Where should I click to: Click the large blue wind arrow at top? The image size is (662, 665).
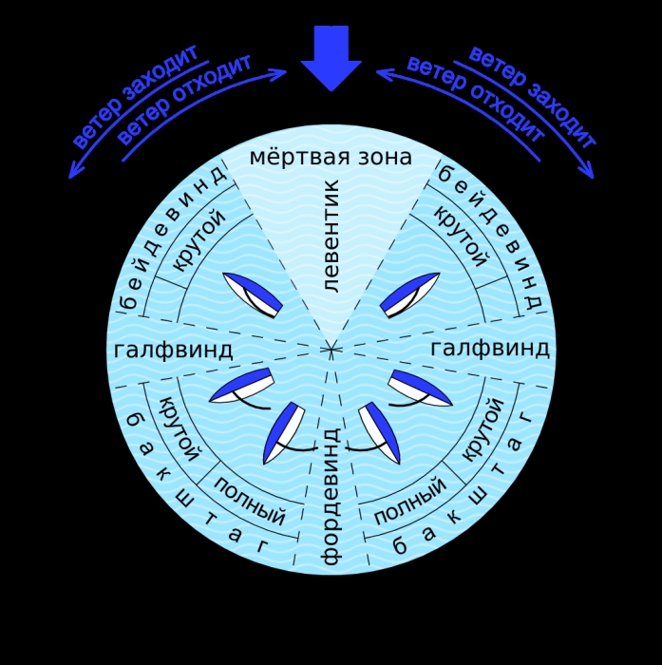331,57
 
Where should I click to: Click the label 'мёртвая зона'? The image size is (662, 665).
331,157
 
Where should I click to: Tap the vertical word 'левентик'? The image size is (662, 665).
331,236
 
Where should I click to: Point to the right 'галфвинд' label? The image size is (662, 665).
490,349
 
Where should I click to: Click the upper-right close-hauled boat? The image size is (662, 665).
409,294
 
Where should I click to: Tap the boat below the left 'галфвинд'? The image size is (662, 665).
241,388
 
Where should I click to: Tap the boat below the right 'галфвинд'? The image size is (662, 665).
420,388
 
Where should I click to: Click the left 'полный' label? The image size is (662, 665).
250,501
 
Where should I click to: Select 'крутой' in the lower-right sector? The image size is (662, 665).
482,429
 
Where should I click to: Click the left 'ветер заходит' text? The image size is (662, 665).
135,95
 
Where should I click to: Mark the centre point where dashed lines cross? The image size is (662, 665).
331,349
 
